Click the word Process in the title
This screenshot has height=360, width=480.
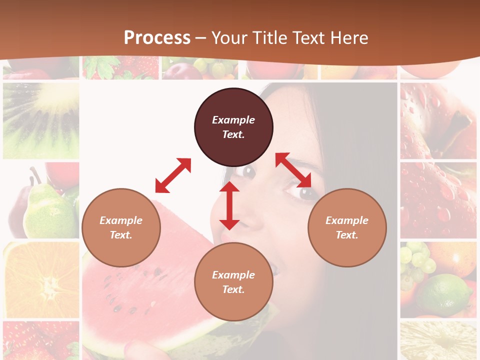point(157,38)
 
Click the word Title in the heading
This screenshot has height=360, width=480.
point(269,38)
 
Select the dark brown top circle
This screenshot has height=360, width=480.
point(233,127)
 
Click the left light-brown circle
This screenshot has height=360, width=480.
point(121,227)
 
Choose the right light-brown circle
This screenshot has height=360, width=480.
point(347,227)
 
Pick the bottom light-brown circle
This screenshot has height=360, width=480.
point(233,282)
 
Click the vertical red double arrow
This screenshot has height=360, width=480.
point(229,205)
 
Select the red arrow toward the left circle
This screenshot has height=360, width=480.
point(173,175)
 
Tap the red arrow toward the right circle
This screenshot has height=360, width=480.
point(293,170)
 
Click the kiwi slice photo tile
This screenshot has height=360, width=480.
point(41,120)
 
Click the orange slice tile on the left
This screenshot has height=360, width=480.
point(41,280)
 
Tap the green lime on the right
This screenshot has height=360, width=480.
point(445,295)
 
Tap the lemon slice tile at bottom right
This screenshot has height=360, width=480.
point(438,341)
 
